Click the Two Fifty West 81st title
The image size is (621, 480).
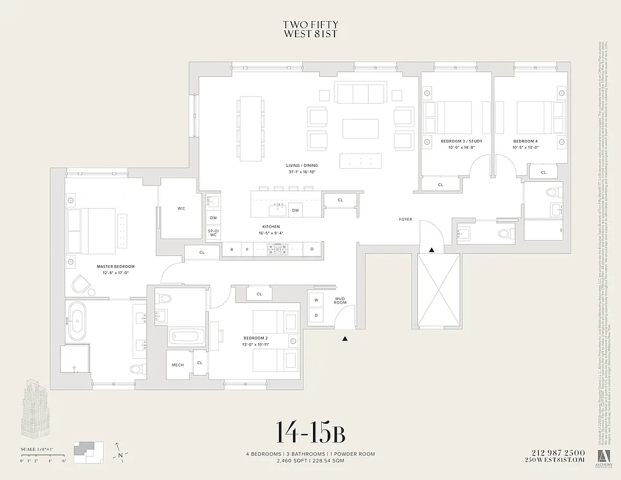pos(310,29)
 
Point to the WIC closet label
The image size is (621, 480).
pos(181,208)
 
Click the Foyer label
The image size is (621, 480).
pos(406,220)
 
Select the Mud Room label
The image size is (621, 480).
pos(340,300)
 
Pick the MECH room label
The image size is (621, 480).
pos(177,365)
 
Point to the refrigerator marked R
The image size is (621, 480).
pos(231,249)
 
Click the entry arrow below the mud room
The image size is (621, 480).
pos(345,339)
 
